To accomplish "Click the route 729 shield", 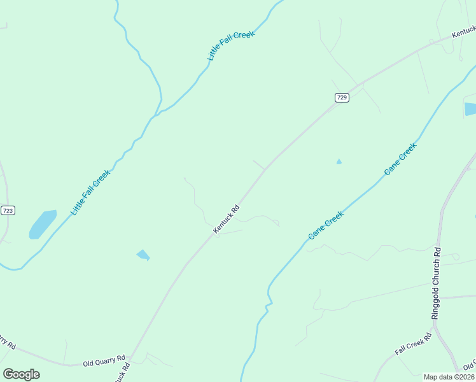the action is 342,97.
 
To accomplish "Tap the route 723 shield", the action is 8,211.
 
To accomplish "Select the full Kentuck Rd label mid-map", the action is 226,218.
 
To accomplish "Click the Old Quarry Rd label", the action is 104,361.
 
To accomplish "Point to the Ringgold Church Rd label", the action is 436,283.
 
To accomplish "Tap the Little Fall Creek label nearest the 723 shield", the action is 90,192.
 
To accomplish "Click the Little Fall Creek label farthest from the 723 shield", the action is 230,45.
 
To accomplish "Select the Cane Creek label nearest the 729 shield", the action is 400,159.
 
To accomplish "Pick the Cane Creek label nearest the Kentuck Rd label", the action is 326,225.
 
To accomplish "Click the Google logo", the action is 21,374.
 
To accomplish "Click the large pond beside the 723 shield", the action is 42,223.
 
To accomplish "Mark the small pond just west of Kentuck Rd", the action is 143,255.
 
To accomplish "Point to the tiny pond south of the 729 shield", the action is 339,162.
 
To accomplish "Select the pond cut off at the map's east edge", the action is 470,109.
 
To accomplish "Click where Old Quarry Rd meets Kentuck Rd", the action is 130,358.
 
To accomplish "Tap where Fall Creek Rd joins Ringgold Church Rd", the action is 435,332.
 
